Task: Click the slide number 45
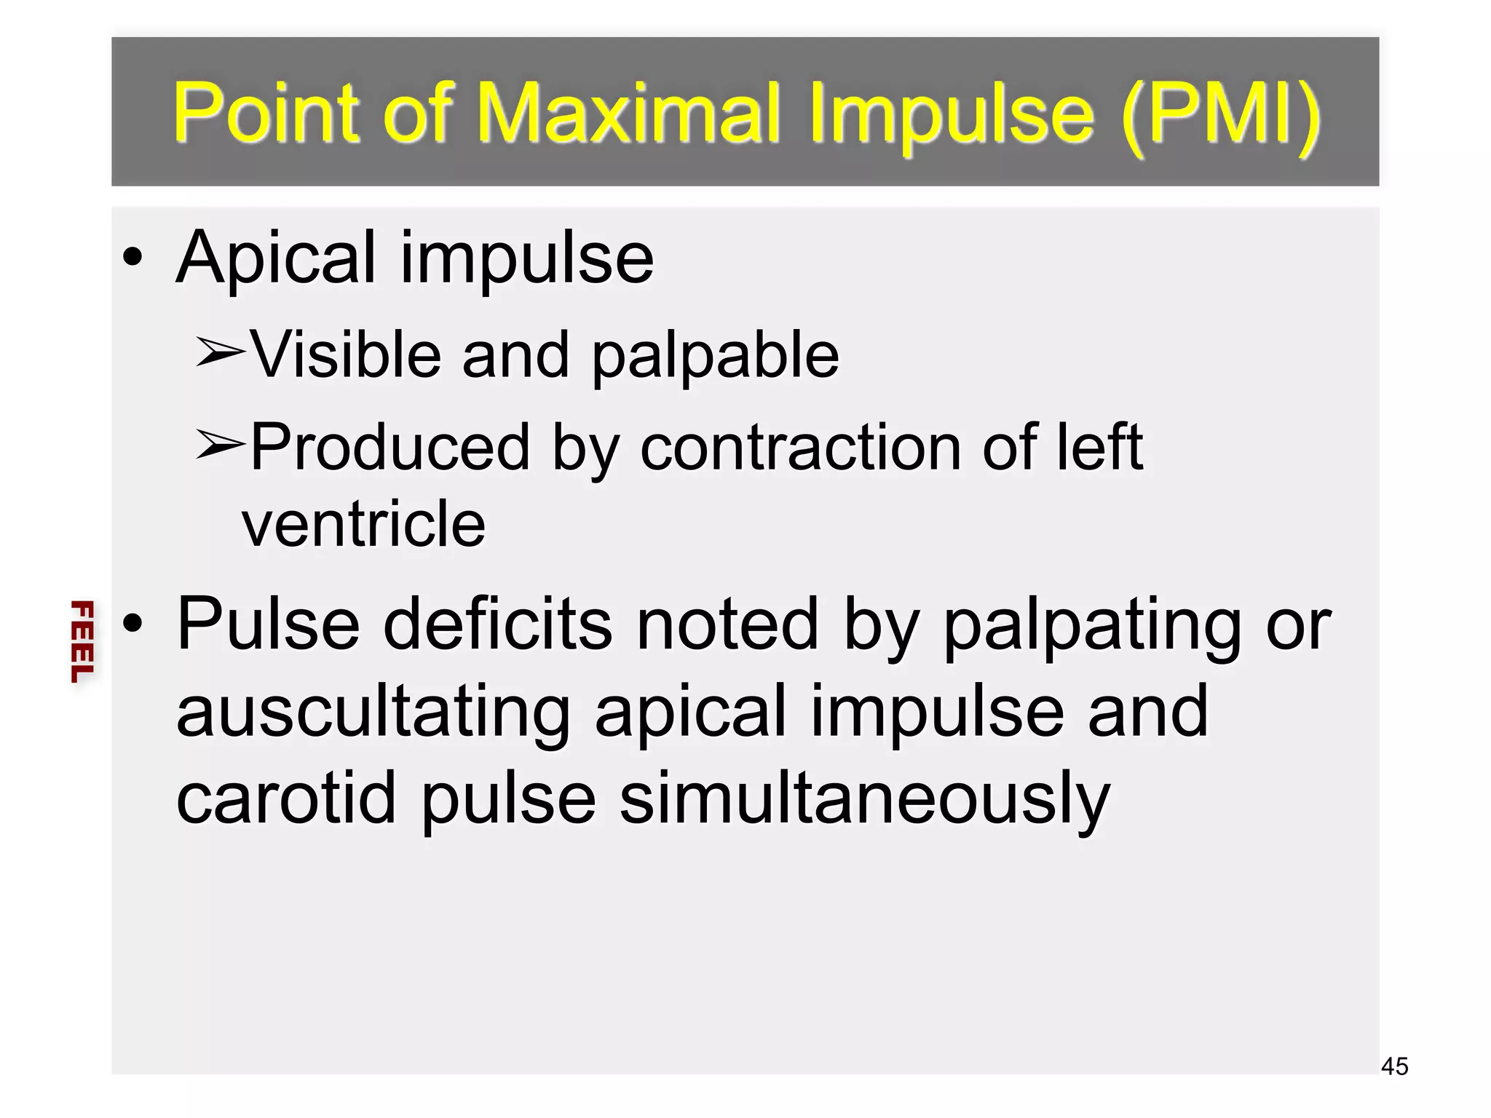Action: pyautogui.click(x=1394, y=1066)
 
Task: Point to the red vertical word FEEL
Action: pyautogui.click(x=82, y=641)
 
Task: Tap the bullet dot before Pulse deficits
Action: pyautogui.click(x=133, y=623)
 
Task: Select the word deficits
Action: pyautogui.click(x=498, y=624)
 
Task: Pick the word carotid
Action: pyautogui.click(x=286, y=798)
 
